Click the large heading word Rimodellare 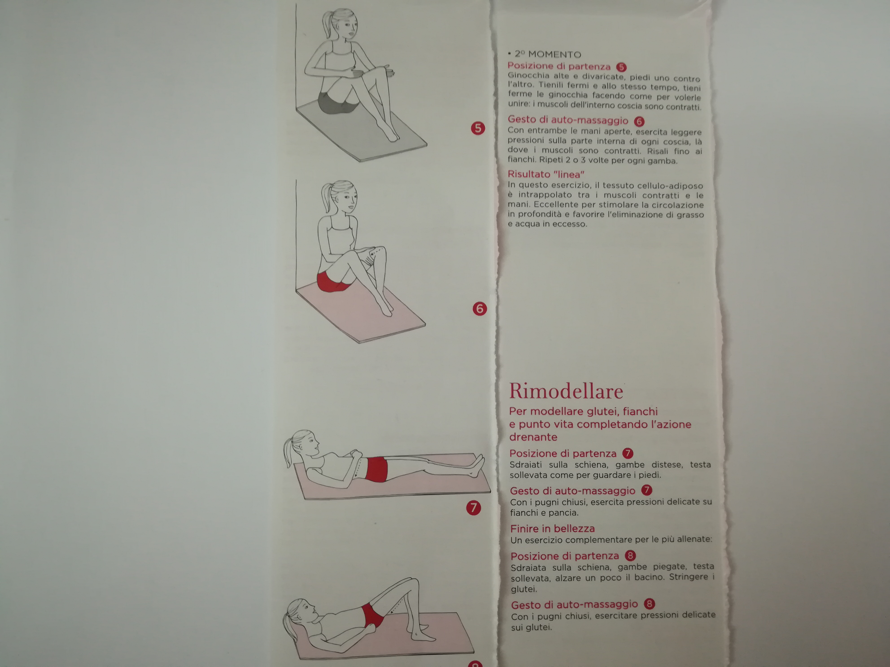coord(566,391)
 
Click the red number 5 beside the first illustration coord(478,128)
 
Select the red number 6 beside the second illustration coord(480,309)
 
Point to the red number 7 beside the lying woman coord(473,507)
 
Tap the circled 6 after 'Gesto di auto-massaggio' coord(639,121)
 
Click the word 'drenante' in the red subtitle coord(533,437)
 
